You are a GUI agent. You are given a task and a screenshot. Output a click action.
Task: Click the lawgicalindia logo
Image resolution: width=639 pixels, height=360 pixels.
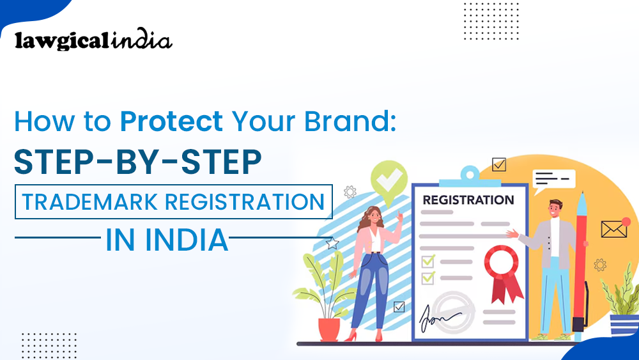coord(93,41)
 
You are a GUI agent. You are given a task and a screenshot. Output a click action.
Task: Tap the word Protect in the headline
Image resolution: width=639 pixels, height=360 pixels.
coord(171,121)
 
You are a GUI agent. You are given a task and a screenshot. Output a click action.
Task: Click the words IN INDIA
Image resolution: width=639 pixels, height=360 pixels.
coord(167,240)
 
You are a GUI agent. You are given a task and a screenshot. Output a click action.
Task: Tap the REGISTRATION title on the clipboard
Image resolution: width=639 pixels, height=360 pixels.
coord(468,200)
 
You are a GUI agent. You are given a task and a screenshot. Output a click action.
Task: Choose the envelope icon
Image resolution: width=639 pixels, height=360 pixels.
coord(613,229)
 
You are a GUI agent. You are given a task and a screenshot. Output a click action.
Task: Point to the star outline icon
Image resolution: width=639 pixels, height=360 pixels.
coord(332,244)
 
